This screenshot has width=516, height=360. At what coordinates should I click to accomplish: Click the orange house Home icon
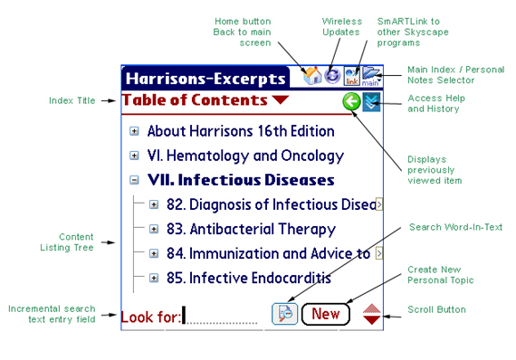click(x=312, y=76)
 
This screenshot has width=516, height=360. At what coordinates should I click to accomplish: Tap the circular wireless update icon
click(x=332, y=76)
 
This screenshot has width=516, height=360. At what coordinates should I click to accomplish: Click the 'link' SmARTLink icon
click(x=352, y=76)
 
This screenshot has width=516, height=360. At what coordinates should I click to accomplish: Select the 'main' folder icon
click(x=371, y=76)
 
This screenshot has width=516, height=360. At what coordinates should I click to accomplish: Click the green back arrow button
click(x=351, y=101)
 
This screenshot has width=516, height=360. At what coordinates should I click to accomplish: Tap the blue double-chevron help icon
click(x=371, y=101)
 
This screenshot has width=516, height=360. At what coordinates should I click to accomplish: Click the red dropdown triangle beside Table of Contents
click(x=281, y=99)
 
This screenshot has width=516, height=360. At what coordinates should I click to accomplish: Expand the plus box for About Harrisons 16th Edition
click(x=134, y=131)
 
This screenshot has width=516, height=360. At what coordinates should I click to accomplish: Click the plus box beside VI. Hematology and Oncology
click(x=134, y=156)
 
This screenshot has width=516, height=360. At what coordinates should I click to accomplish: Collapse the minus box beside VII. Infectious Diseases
click(x=134, y=180)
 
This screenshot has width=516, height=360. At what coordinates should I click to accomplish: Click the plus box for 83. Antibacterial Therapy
click(x=154, y=229)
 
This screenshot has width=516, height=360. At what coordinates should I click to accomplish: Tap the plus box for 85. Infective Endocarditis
click(x=154, y=278)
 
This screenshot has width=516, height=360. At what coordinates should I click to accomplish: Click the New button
click(x=326, y=314)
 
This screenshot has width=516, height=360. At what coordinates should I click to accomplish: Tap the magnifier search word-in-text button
click(x=284, y=314)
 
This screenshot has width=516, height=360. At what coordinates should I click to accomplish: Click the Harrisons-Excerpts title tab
click(x=205, y=79)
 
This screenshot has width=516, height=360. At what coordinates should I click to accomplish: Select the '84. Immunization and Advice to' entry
click(x=268, y=253)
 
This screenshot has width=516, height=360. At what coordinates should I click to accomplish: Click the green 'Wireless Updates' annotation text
click(x=341, y=26)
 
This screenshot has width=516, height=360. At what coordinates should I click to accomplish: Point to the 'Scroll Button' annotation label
click(x=436, y=309)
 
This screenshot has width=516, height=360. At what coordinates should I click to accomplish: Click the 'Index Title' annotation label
click(x=72, y=100)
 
